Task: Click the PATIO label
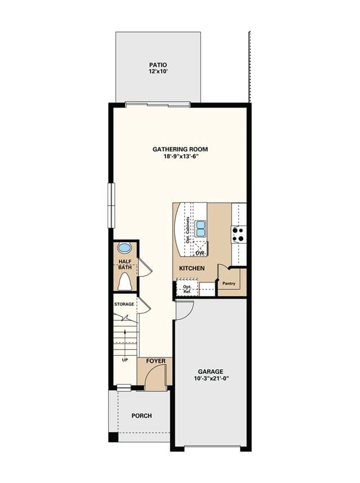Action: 158,65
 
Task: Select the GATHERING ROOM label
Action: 180,149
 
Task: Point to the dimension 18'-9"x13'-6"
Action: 180,156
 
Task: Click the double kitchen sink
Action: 200,228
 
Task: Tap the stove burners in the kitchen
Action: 238,234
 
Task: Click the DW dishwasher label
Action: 200,253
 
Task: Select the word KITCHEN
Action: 192,269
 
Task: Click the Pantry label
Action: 228,283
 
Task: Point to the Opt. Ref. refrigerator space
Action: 187,289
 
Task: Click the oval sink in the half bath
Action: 125,247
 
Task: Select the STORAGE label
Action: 124,304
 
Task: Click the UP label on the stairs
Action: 125,360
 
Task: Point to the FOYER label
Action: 156,361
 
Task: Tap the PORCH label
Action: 142,416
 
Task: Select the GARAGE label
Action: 210,372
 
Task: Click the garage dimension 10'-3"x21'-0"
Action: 211,379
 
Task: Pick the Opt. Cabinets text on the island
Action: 188,230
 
